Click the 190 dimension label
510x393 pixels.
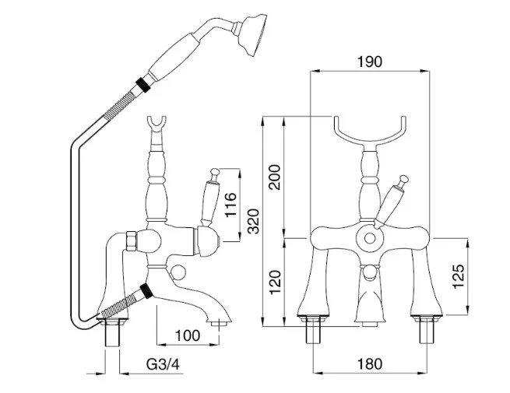click(370, 61)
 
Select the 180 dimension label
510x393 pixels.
click(370, 364)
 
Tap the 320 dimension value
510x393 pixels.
click(254, 221)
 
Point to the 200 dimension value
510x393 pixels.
click(275, 177)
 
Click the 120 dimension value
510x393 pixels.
click(275, 282)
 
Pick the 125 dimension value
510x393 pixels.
click(459, 276)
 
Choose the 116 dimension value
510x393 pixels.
click(230, 205)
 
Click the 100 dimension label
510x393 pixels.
click(188, 335)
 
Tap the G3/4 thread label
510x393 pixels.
click(163, 364)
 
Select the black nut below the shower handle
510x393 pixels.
click(143, 85)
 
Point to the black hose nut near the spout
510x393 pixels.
click(146, 290)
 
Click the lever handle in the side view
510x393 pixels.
click(209, 198)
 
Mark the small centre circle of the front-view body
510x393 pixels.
click(370, 239)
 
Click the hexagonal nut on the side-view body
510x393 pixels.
click(131, 241)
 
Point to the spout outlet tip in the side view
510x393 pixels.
click(219, 323)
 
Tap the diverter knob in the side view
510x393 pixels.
click(178, 272)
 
